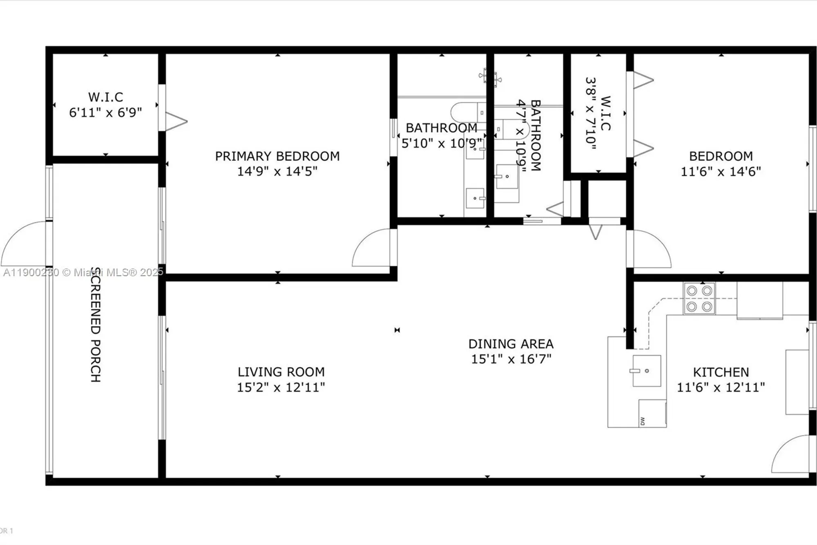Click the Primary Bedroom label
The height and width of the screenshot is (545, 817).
coord(277,156)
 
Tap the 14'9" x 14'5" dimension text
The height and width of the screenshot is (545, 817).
coord(277,171)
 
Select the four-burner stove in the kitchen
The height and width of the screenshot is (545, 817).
coord(699,298)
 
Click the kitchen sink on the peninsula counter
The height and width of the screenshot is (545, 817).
coord(646,371)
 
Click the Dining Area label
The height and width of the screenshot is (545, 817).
coord(511,344)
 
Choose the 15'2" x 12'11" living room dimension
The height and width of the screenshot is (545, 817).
coord(281,387)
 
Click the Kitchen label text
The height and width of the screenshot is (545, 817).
coord(721,372)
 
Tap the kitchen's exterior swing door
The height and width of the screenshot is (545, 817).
coord(790,454)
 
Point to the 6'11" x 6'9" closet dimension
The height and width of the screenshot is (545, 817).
coord(105,112)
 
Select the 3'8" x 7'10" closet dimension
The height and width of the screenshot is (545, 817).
coord(591,113)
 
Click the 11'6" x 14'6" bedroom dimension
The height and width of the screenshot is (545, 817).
coord(721,171)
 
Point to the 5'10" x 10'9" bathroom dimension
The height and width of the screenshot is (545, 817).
coord(441,144)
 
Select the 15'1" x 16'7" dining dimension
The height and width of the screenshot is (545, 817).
coord(511,359)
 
